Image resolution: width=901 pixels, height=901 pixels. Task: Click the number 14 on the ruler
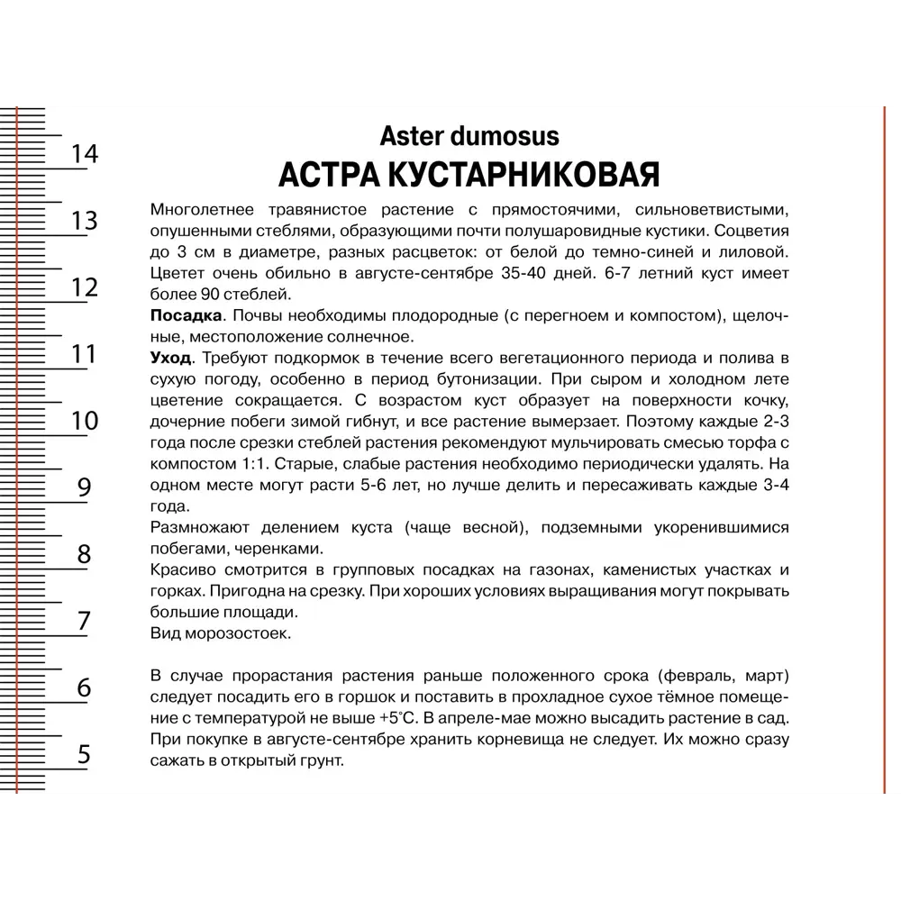(84, 154)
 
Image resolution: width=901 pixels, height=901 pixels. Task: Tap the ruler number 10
(84, 421)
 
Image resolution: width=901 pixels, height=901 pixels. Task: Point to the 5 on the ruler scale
(84, 754)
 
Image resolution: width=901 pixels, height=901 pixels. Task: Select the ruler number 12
(84, 287)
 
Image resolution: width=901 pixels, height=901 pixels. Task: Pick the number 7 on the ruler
(84, 621)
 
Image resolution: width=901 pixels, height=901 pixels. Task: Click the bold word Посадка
(185, 315)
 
